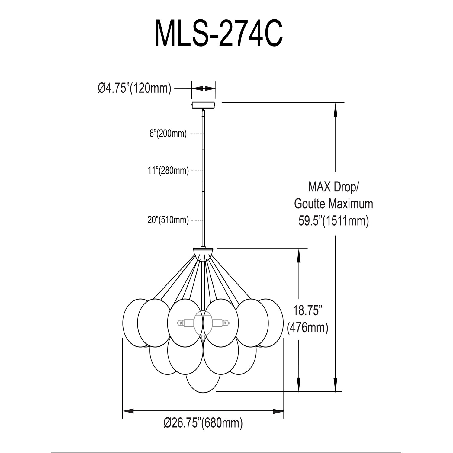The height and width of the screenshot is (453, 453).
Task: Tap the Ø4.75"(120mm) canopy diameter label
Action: point(134,88)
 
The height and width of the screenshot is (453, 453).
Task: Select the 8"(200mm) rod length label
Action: point(168,133)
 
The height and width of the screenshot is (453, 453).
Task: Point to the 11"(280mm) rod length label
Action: point(168,171)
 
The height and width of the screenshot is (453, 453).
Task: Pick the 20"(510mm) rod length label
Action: point(168,220)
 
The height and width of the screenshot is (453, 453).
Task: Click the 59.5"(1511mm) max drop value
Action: point(334,221)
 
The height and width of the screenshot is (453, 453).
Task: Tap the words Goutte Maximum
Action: point(334,204)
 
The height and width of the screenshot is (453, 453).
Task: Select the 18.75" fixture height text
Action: point(307,310)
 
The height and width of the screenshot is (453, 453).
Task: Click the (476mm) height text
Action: point(307,327)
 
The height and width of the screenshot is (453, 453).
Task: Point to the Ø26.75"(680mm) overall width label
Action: point(203,423)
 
